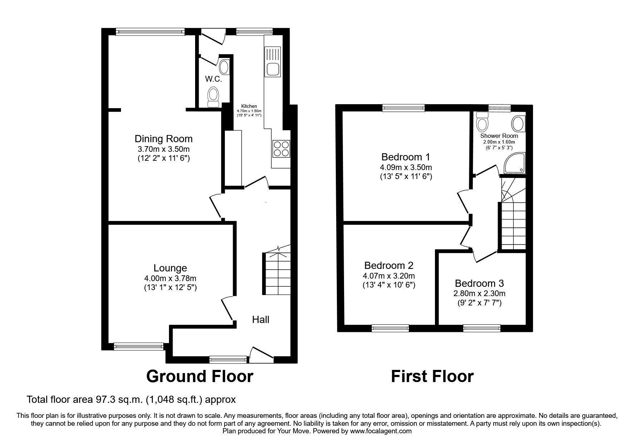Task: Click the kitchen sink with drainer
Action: (x=272, y=61)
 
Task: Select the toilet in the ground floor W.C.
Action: (x=214, y=97)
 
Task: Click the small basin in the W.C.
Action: (x=224, y=67)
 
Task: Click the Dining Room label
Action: (x=164, y=139)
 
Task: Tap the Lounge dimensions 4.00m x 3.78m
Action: (x=170, y=278)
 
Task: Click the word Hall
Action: (x=261, y=319)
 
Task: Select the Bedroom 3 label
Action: (x=479, y=283)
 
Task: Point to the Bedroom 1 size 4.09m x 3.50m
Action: (x=406, y=167)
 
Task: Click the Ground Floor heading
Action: (x=200, y=376)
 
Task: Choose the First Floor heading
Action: (x=432, y=376)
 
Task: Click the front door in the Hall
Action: (x=262, y=354)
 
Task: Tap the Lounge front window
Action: (x=139, y=346)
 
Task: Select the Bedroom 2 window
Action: (x=390, y=327)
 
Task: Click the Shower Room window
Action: (x=500, y=106)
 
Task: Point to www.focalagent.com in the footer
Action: (x=381, y=431)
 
